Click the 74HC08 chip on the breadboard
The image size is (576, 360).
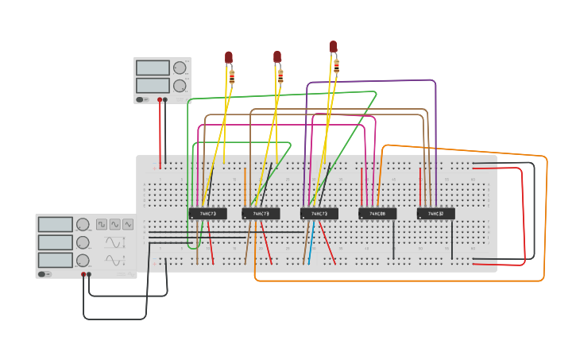[377, 214]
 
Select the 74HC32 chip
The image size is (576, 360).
[436, 214]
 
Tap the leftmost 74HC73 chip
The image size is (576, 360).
[207, 214]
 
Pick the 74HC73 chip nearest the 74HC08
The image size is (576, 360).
[319, 214]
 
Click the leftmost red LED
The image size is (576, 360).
[229, 57]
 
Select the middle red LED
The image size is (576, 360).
[277, 56]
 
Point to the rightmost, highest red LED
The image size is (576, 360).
[333, 47]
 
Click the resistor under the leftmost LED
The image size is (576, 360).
[232, 77]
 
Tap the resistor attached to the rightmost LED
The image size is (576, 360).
[336, 66]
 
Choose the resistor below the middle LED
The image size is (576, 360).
[280, 76]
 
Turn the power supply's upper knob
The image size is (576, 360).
[180, 68]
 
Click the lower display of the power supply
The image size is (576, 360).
[153, 85]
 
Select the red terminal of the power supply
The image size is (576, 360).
[160, 100]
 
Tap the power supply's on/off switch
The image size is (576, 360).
[141, 99]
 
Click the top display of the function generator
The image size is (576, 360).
[56, 225]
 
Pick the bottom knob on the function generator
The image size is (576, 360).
[83, 260]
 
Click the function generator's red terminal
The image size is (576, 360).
[83, 274]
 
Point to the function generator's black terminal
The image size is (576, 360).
[89, 274]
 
